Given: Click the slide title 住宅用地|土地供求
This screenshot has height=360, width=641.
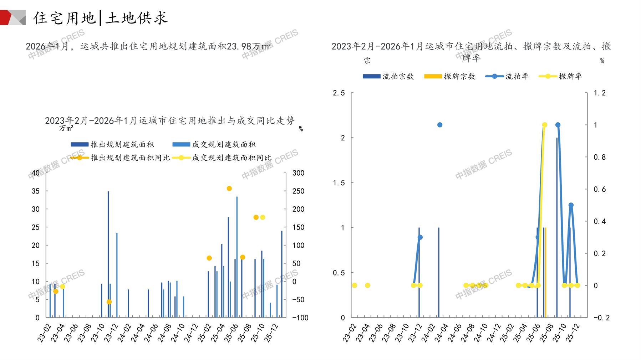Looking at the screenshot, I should click(100, 18).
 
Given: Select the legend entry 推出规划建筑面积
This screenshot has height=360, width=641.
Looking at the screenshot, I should click(112, 144).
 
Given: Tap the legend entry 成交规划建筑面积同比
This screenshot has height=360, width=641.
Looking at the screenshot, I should click(222, 158).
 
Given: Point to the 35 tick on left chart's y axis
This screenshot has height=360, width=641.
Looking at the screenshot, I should click(36, 191).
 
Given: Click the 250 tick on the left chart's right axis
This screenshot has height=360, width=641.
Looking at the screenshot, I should click(298, 191).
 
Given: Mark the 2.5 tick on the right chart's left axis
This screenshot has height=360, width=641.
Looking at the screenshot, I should click(339, 93).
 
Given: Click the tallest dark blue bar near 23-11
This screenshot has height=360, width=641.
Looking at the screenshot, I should click(108, 254).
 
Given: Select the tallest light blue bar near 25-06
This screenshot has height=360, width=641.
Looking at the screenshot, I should click(237, 257).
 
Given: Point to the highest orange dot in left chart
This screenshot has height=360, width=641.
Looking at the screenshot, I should click(229, 189).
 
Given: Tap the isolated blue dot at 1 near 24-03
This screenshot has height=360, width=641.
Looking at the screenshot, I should click(440, 125).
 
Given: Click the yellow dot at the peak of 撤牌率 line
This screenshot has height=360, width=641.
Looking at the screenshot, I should click(545, 125).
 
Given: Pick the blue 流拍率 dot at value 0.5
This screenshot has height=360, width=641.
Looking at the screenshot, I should click(571, 205).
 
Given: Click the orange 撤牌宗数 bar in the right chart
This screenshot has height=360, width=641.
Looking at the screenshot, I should click(546, 272).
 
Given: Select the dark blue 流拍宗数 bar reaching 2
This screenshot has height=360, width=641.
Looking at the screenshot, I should click(557, 227).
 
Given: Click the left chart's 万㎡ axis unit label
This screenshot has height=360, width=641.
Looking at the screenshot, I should click(66, 128).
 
